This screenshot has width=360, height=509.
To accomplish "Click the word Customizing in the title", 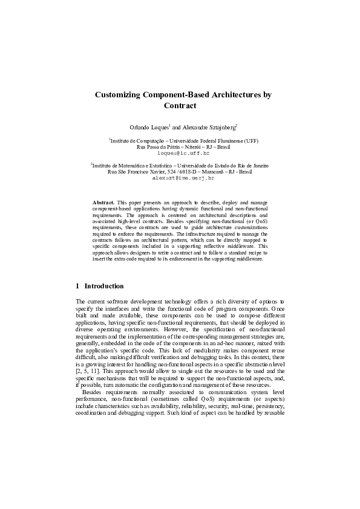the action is point(117,95).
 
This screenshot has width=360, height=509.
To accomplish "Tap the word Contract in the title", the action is point(180,106).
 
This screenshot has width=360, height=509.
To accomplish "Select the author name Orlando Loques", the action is point(149,128).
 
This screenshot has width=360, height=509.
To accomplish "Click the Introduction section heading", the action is point(104,286).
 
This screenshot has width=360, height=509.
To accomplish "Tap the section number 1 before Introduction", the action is point(78,286).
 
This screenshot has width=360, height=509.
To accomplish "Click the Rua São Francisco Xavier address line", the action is point(180,172).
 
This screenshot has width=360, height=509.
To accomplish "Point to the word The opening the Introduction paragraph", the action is point(82,300).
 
